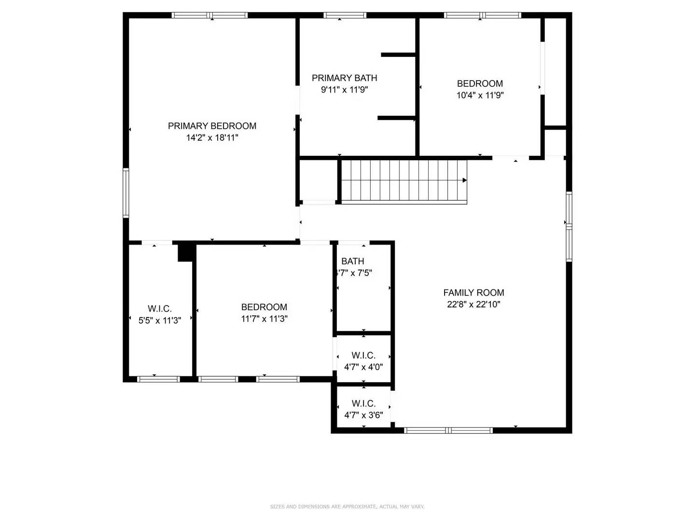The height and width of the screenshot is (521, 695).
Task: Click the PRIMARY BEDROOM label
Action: point(212,126)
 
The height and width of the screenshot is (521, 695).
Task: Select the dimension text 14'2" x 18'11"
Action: point(212,138)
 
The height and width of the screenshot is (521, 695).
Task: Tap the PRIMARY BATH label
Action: point(344,78)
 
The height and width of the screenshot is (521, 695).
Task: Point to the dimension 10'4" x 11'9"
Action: point(480,96)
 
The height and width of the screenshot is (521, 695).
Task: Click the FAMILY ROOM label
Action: point(473,293)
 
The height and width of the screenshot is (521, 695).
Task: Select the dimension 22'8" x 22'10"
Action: point(473,304)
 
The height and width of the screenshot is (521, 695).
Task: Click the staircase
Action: point(403,181)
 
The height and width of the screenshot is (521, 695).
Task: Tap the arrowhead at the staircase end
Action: point(464,180)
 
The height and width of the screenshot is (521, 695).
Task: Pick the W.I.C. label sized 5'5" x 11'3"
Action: point(159,309)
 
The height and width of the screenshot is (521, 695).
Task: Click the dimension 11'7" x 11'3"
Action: point(264,319)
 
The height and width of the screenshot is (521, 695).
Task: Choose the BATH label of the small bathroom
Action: point(353,261)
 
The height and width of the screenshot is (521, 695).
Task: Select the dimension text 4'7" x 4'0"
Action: point(363,367)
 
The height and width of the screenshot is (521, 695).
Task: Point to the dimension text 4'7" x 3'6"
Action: point(363,415)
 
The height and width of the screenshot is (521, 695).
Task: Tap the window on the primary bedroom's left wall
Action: point(126,193)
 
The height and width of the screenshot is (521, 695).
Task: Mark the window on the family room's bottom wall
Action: point(448,430)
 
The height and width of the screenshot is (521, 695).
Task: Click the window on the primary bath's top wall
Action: point(345,15)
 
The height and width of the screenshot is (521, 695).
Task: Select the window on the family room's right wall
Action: point(569,227)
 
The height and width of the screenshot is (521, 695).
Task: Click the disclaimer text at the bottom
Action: point(347,507)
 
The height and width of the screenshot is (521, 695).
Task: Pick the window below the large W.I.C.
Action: point(158,379)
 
